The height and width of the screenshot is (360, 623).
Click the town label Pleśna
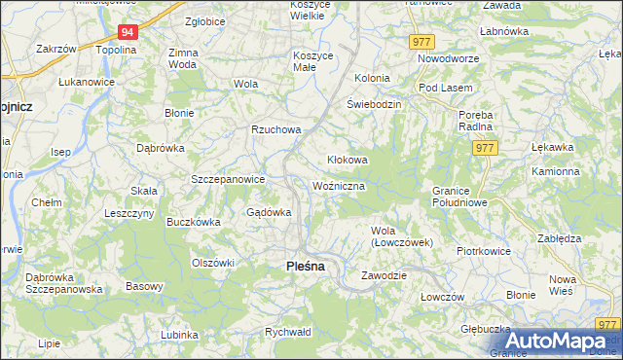point(305,265)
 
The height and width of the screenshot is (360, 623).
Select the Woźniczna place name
point(339,185)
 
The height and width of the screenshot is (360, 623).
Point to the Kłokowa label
point(346,160)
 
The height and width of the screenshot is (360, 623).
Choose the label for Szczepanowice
point(228,179)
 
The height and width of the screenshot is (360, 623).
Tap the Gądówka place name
point(270,212)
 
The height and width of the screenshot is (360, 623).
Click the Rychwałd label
point(287,332)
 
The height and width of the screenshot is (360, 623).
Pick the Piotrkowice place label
point(484,250)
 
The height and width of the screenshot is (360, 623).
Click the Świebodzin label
point(374,104)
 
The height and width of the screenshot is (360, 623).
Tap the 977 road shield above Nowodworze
point(421,42)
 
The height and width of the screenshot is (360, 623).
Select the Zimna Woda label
point(182,58)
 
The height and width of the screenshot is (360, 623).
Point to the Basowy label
point(144,286)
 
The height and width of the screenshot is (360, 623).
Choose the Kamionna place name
point(555,171)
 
